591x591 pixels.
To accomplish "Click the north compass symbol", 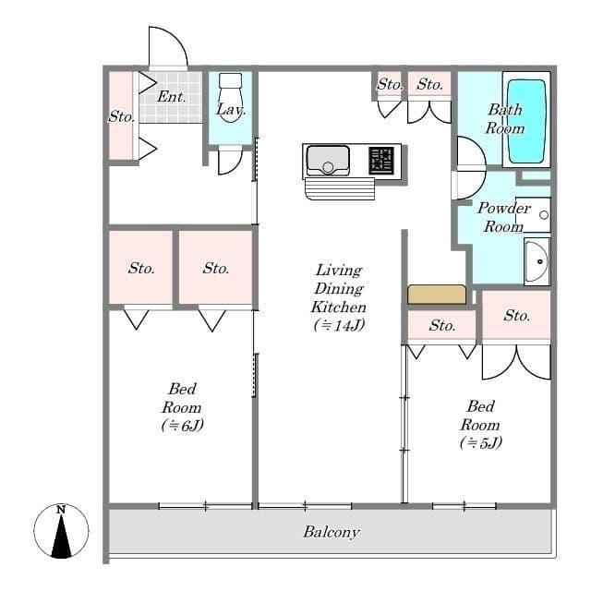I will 61,531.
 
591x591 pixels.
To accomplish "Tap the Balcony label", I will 331,533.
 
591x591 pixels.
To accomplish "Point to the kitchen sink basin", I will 327,160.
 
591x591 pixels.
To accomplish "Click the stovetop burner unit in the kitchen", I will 380,160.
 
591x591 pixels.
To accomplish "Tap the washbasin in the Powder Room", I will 535,261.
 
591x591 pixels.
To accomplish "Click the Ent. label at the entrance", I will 172,96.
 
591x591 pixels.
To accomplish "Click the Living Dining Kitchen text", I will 338,288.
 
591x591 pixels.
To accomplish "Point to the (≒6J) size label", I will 181,426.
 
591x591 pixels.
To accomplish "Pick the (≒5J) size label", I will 479,442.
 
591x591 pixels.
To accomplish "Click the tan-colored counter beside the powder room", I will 437,295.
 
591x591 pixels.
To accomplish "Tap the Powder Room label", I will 503,217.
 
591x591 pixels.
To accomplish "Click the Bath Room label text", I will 505,119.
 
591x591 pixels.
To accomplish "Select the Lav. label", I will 229,110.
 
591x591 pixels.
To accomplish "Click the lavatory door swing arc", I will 229,162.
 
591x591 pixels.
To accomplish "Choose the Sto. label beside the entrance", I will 121,117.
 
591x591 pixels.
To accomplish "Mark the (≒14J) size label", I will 338,325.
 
